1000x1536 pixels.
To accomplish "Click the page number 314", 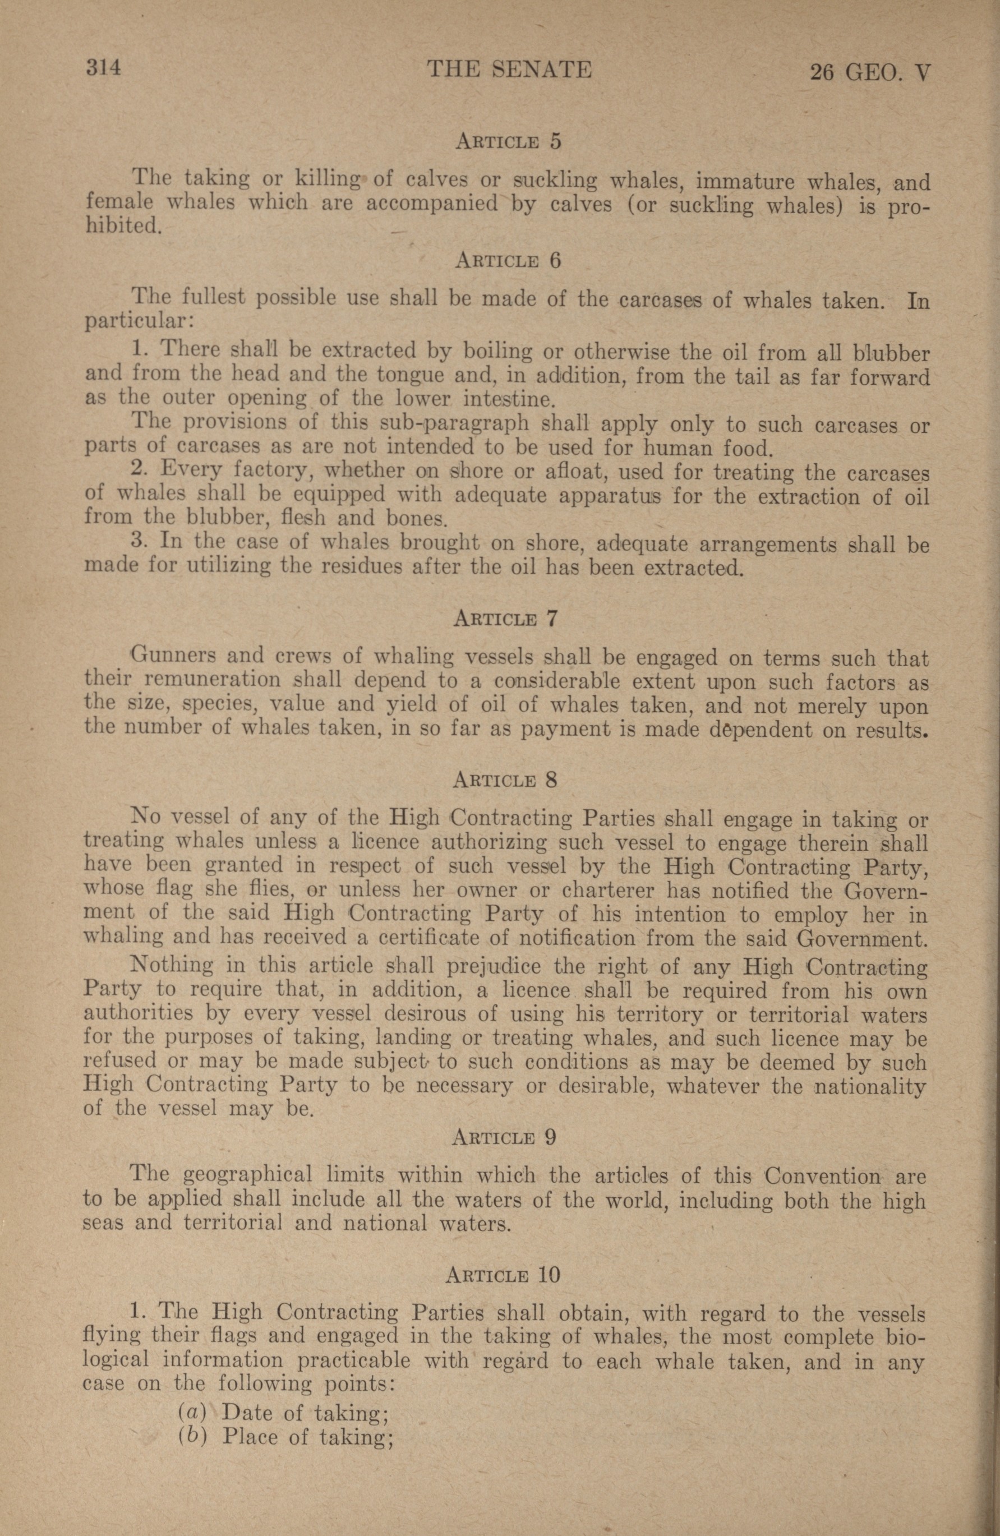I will coord(104,68).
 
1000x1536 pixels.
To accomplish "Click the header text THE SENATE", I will coord(509,69).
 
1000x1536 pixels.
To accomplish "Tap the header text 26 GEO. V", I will coord(869,72).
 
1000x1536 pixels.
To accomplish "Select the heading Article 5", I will coord(508,141).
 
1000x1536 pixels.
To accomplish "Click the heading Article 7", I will coord(505,619).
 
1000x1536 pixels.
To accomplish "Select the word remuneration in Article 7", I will coord(212,680).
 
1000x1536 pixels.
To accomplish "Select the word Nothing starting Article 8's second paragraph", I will coord(171,966).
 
